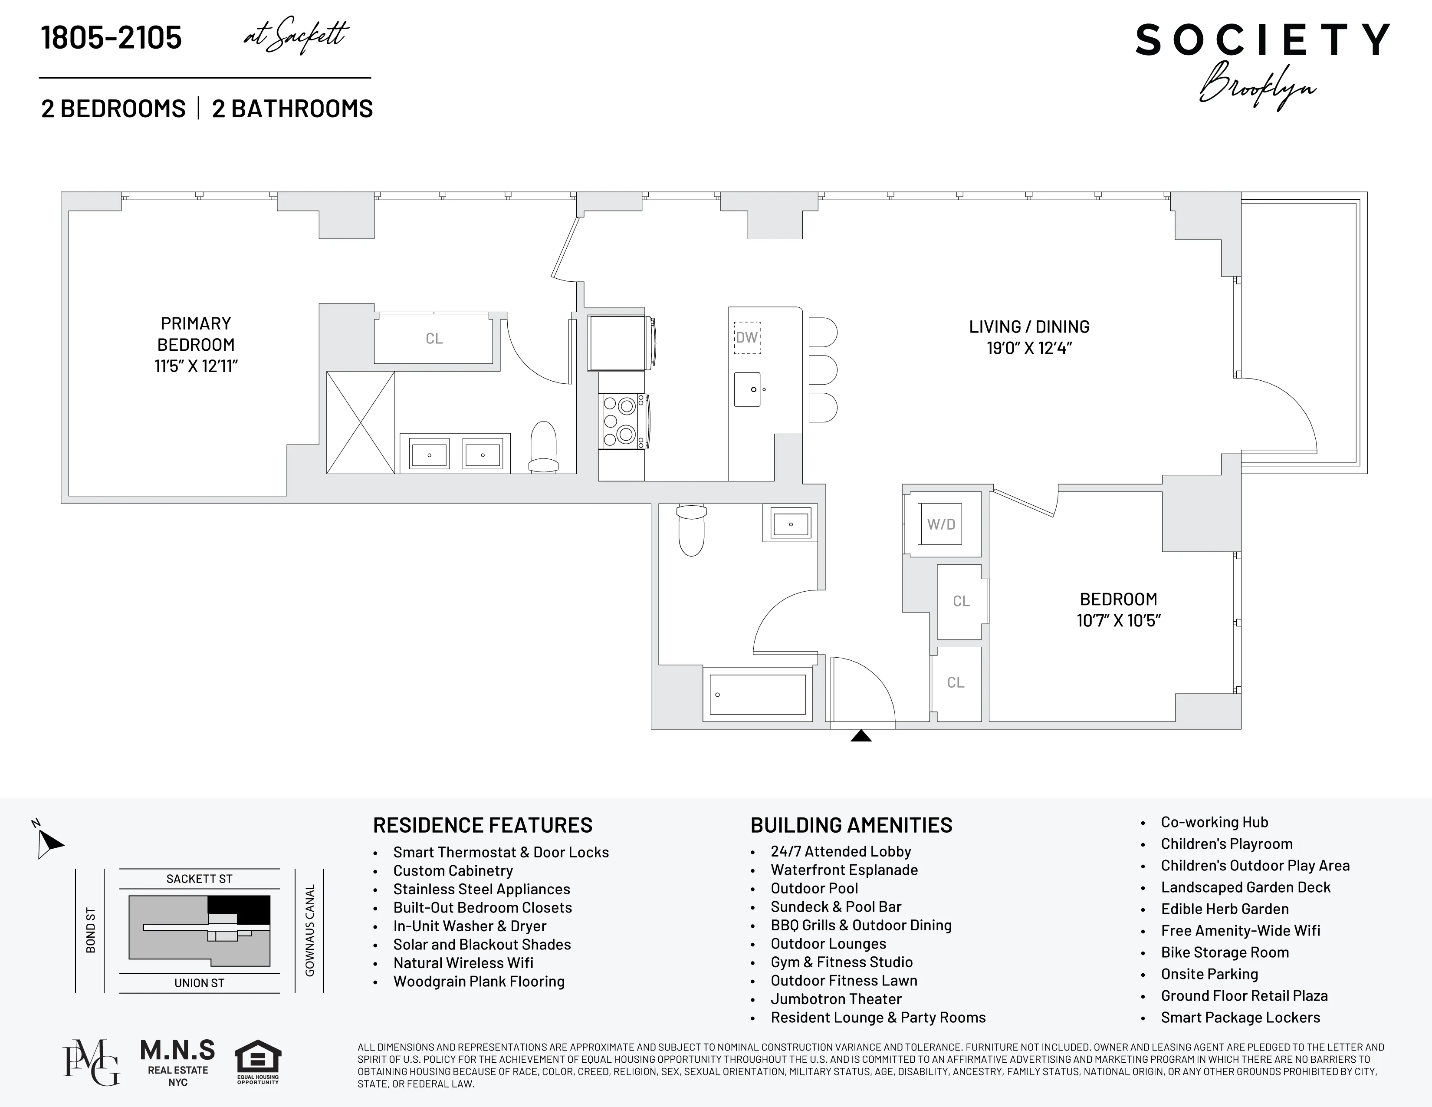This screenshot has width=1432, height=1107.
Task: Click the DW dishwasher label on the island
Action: click(x=747, y=338)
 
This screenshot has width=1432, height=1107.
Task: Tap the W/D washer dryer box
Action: click(x=940, y=524)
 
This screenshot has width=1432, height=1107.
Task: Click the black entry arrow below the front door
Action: click(x=861, y=736)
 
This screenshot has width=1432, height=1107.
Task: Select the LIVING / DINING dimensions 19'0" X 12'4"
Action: click(x=1029, y=348)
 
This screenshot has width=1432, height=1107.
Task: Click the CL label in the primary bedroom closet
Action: click(x=434, y=339)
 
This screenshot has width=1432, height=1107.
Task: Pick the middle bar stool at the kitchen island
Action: click(x=822, y=371)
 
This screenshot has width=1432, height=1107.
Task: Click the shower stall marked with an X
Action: click(x=361, y=422)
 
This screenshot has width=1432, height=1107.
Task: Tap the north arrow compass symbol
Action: click(x=47, y=841)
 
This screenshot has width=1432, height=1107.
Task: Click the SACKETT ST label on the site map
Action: click(x=199, y=879)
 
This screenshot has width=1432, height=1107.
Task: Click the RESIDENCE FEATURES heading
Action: click(x=482, y=825)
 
